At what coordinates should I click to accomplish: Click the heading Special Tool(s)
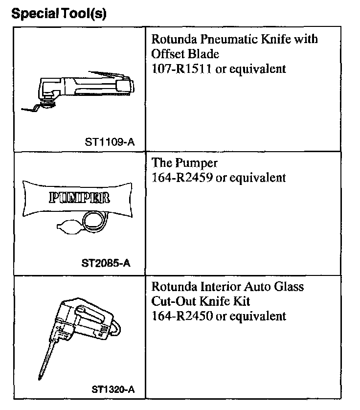[x=58, y=13]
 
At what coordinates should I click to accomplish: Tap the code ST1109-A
[x=110, y=142]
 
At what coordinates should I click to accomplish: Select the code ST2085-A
[x=106, y=264]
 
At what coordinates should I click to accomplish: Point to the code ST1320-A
[x=113, y=389]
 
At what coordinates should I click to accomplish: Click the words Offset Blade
[x=185, y=53]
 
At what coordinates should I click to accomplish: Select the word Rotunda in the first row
[x=172, y=39]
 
